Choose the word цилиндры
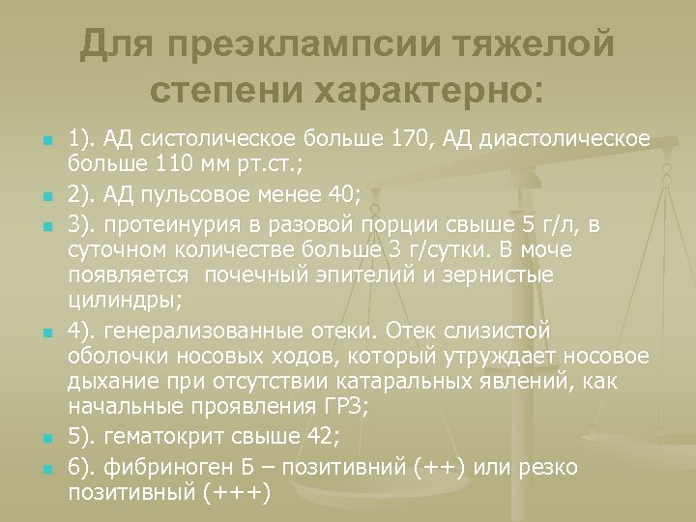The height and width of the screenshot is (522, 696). [x=115, y=300]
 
